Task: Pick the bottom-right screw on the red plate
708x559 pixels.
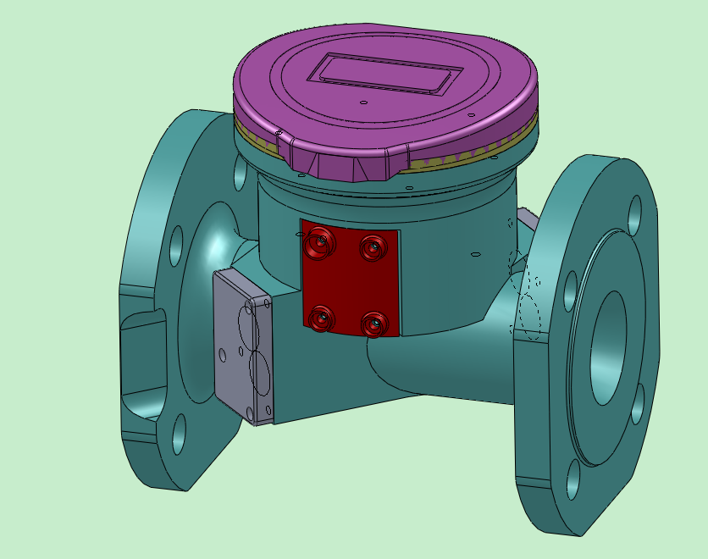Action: click(373, 324)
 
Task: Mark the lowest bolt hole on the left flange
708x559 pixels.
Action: click(179, 435)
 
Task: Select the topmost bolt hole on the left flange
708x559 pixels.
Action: click(240, 173)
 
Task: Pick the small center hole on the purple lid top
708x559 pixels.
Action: click(363, 103)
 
